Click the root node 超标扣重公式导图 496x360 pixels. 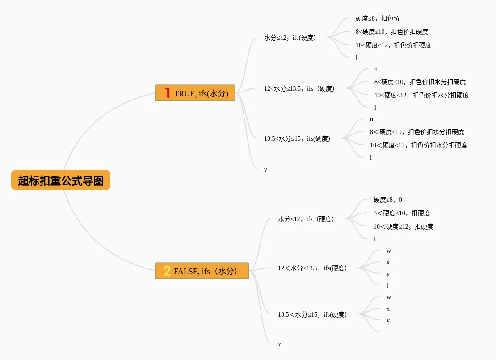point(61,180)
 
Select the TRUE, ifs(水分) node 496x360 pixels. point(195,93)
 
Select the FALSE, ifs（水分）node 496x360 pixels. point(202,271)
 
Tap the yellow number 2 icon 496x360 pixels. point(167,271)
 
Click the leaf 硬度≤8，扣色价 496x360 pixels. point(378,18)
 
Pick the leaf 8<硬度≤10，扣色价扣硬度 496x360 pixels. point(392,32)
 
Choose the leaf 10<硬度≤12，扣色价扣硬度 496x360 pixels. point(393,45)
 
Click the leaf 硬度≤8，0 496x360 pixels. point(387,200)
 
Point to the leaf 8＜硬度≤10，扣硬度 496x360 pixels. point(402,213)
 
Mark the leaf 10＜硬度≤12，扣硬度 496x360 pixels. point(403,226)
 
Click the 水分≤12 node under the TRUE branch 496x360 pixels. point(290,38)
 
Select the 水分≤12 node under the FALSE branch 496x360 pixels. point(306,219)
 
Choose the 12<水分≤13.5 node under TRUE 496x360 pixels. point(299,88)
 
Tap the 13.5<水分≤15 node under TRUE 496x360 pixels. point(297,138)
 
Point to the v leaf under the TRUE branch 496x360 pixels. point(265,169)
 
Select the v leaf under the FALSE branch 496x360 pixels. point(279,343)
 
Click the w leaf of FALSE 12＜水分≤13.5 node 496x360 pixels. point(389,251)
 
